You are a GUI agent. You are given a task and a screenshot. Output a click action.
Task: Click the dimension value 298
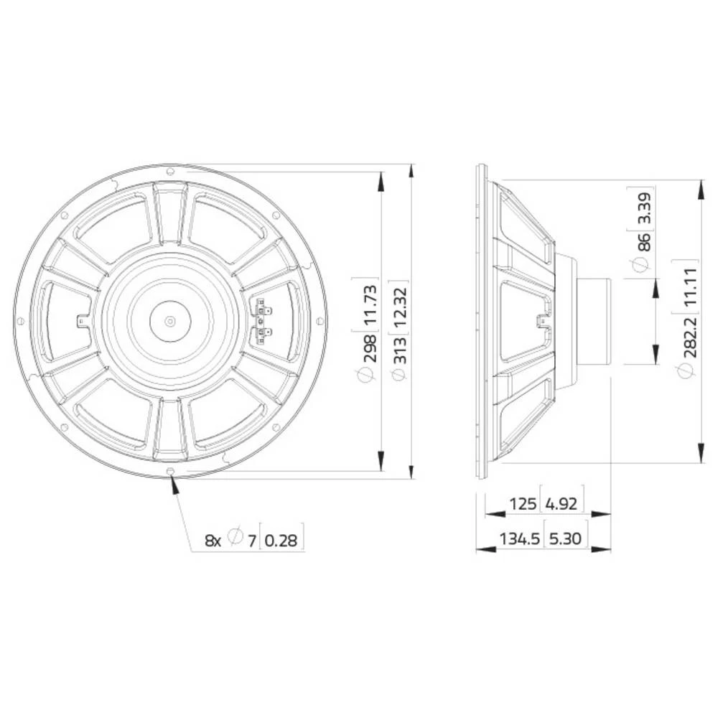[368, 348]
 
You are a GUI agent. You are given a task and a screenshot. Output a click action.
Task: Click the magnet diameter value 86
[643, 240]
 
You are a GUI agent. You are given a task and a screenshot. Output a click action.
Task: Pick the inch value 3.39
[643, 207]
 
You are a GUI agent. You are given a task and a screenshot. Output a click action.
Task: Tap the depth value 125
[523, 503]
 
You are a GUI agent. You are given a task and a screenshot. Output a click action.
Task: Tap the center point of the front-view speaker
[170, 321]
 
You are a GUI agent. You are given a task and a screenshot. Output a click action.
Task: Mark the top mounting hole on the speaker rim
[170, 172]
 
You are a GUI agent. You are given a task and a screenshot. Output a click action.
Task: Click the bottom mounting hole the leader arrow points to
[171, 471]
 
